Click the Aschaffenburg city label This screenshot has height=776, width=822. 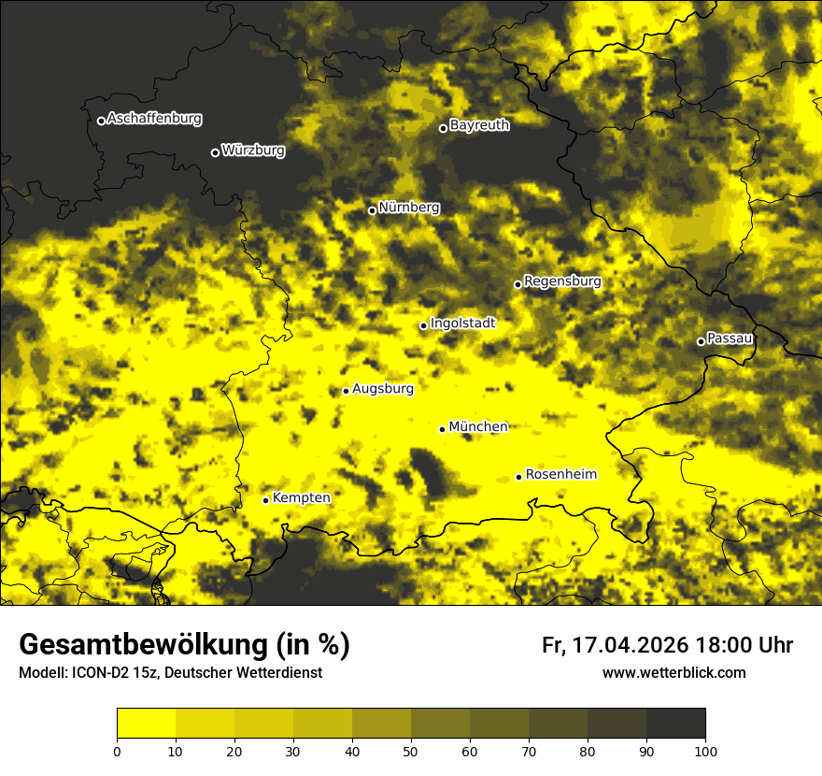point(154,119)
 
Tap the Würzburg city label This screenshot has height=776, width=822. point(253,151)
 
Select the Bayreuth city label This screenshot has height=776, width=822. point(479,125)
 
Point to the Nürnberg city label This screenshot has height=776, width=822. point(409,208)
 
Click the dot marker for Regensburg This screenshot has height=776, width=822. point(517,284)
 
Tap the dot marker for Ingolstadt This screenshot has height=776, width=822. point(423,326)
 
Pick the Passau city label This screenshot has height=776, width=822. point(730,338)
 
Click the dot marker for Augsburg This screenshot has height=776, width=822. point(346,391)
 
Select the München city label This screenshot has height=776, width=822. point(478,427)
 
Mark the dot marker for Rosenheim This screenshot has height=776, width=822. point(518,478)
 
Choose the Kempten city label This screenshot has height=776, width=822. point(301,498)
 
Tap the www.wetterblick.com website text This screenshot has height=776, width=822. point(674,673)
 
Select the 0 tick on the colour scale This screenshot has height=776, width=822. point(117,751)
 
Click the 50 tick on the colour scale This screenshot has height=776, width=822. point(411,751)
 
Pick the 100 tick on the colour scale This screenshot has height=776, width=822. point(705,751)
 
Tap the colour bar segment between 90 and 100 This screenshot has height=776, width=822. point(675,723)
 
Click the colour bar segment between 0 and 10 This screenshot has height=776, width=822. point(146,723)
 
